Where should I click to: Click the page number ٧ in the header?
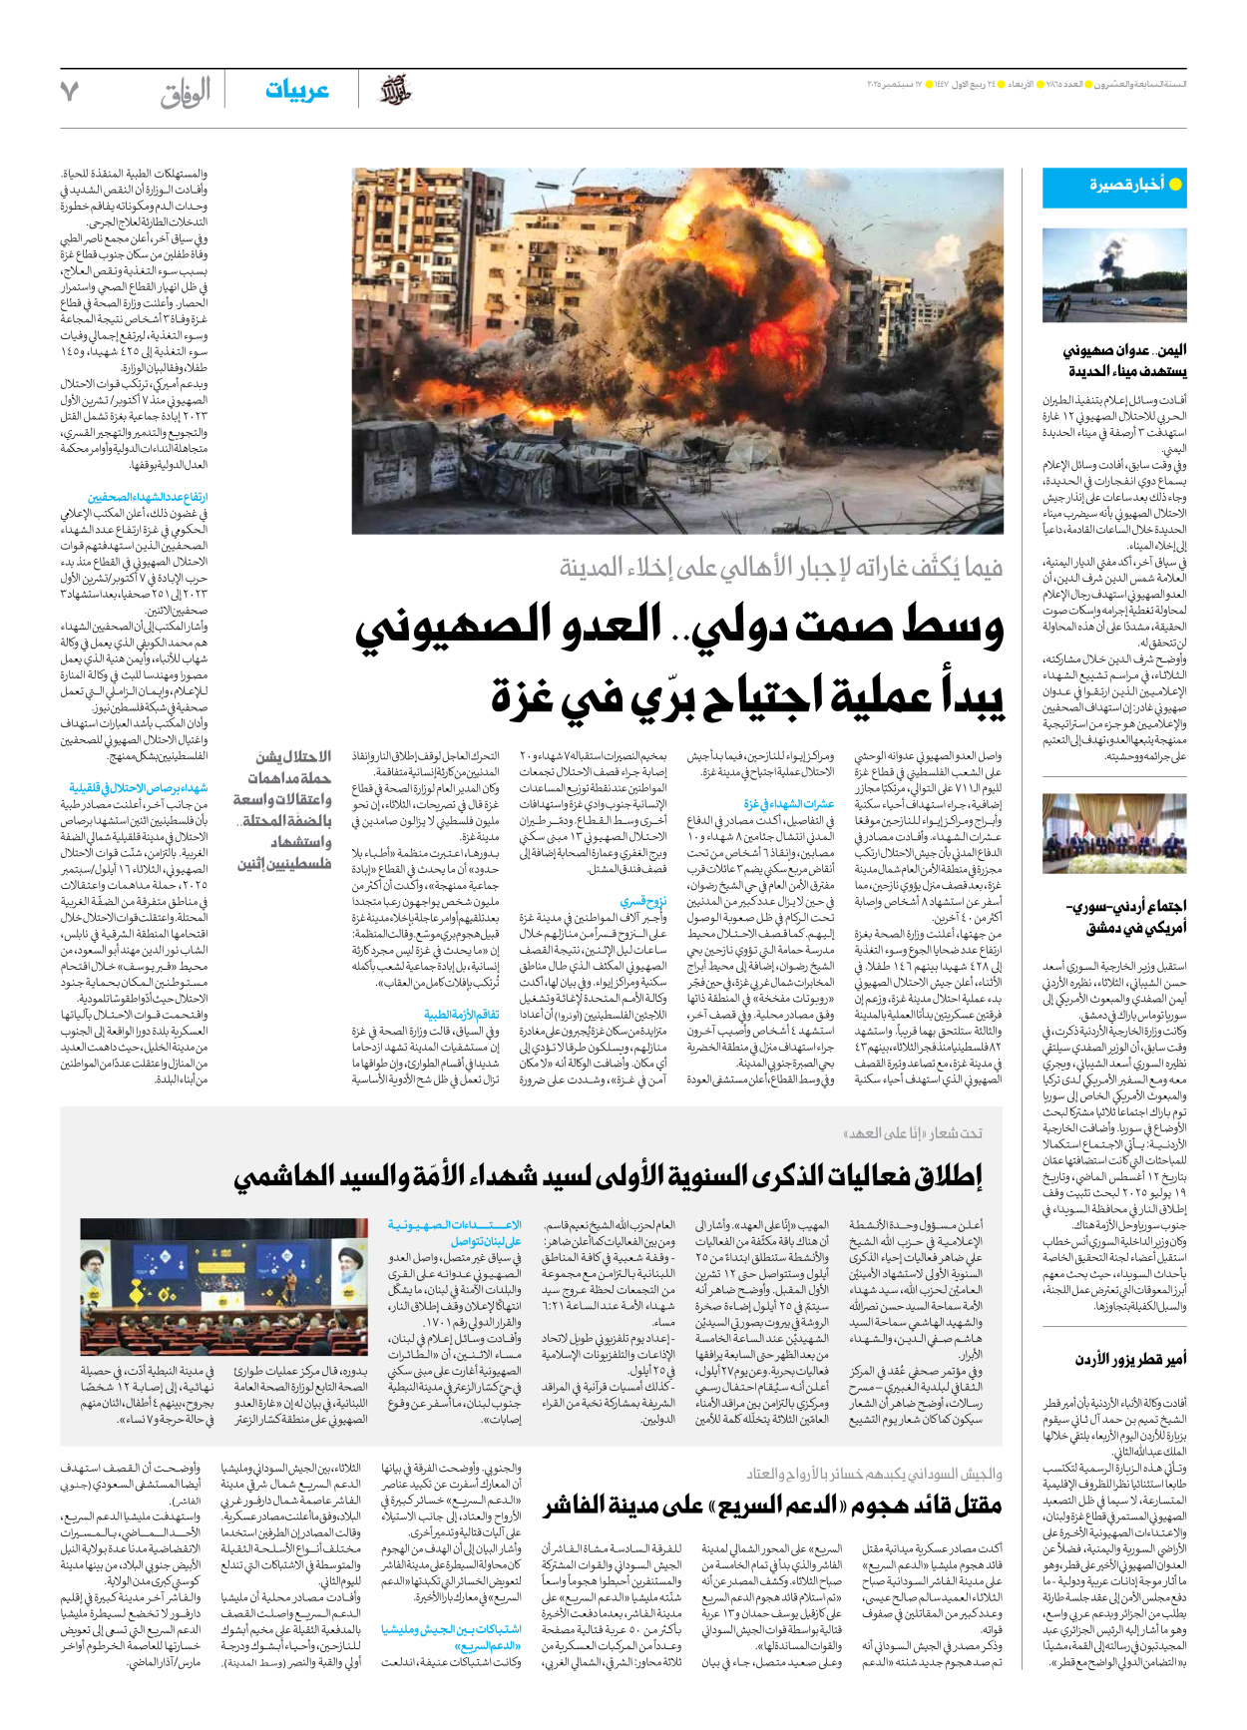(x=69, y=92)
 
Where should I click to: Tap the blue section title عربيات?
(x=296, y=91)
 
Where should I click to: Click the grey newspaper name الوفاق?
(x=186, y=93)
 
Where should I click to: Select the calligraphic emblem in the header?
(x=395, y=91)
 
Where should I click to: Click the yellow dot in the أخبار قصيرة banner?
(x=1175, y=185)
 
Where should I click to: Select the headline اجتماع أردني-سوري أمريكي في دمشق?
(x=1126, y=917)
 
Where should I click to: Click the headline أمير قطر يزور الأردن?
(x=1130, y=1360)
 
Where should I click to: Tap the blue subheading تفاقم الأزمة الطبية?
(x=461, y=1015)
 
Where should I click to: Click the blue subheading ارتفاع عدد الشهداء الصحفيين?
(x=148, y=497)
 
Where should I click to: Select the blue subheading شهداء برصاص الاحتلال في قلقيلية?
(x=139, y=788)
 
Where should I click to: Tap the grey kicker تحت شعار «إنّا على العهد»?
(x=913, y=1133)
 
